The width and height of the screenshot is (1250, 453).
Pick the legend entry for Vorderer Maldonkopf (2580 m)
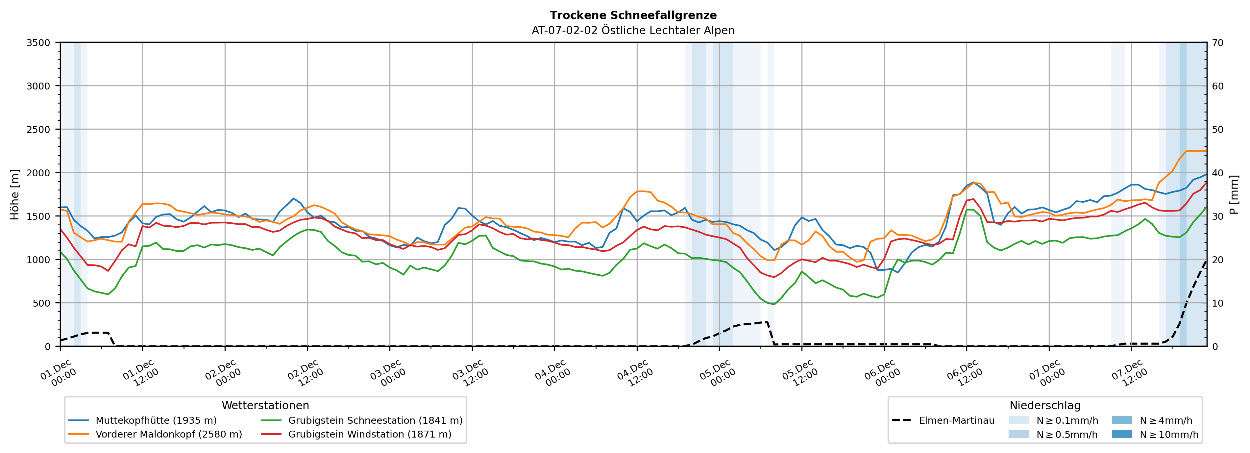tap(168, 434)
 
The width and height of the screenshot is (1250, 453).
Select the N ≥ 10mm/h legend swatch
tap(1121, 434)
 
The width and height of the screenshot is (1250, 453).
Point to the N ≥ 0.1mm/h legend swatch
tap(1018, 420)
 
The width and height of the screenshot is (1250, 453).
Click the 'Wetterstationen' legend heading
tap(265, 405)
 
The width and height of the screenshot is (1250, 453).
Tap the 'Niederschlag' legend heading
tap(1045, 405)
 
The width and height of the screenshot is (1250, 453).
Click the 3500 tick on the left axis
tap(38, 43)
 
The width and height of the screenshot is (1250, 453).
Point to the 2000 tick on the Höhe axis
tap(38, 173)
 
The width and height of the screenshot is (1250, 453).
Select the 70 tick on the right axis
tap(1217, 43)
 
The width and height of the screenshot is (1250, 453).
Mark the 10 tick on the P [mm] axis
tap(1217, 303)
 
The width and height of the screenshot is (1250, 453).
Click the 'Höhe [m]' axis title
tap(15, 194)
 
